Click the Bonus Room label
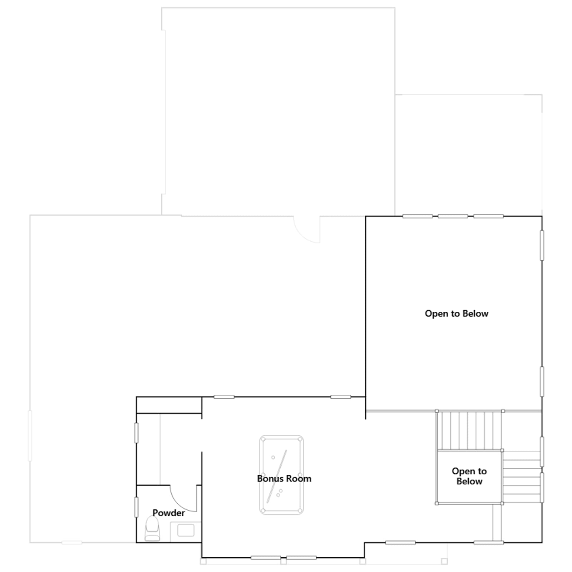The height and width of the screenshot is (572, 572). pyautogui.click(x=284, y=478)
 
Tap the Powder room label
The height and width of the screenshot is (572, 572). pyautogui.click(x=169, y=513)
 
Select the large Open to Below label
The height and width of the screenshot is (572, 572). pyautogui.click(x=457, y=314)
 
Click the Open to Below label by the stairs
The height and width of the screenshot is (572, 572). pyautogui.click(x=469, y=476)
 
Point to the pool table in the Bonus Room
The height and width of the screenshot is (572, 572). pyautogui.click(x=282, y=475)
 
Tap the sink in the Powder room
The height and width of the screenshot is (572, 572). pyautogui.click(x=186, y=531)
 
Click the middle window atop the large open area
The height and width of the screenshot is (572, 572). pyautogui.click(x=453, y=216)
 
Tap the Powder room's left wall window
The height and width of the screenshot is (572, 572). pyautogui.click(x=136, y=507)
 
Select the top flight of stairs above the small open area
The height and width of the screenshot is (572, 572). pyautogui.click(x=469, y=430)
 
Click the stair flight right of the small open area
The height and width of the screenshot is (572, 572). pyautogui.click(x=522, y=477)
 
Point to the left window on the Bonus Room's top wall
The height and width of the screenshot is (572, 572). pyautogui.click(x=224, y=397)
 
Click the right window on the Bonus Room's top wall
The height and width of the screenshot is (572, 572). pyautogui.click(x=341, y=397)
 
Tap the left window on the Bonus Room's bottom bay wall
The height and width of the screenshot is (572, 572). pyautogui.click(x=266, y=558)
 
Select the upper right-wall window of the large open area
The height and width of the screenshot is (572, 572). pyautogui.click(x=542, y=245)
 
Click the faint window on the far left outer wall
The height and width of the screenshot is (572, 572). pyautogui.click(x=30, y=436)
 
